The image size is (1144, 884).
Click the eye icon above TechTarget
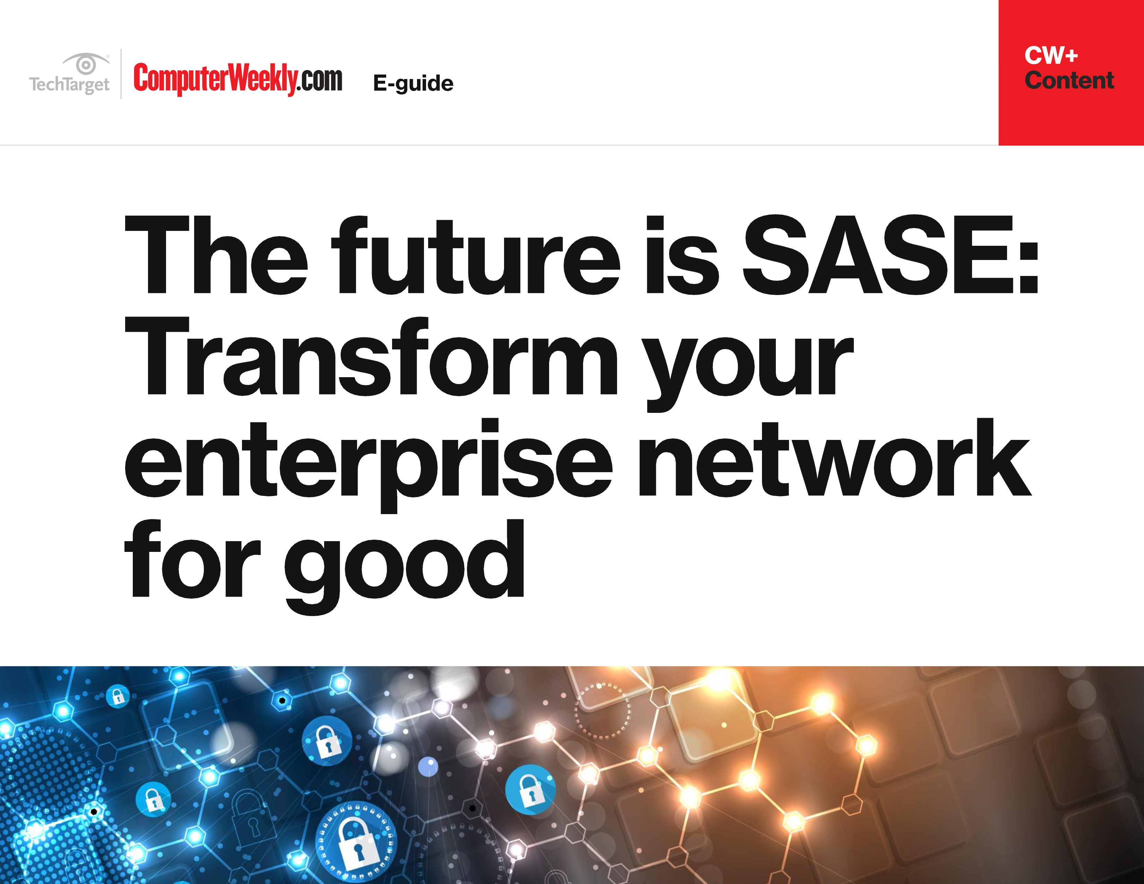86,64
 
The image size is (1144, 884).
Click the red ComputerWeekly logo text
215,79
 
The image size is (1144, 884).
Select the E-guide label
413,83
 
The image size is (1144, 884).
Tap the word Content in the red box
1069,80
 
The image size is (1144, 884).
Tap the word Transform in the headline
371,356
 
